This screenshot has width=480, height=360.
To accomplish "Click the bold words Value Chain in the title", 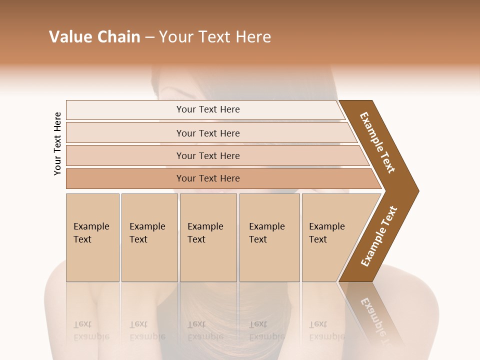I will pos(94,37).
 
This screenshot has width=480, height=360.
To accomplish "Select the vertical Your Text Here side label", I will pos(57,143).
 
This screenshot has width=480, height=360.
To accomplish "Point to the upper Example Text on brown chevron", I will pos(377,142).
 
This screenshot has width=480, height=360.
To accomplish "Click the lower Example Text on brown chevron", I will pos(379,236).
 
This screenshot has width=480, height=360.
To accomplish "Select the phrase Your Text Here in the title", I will pos(215,37).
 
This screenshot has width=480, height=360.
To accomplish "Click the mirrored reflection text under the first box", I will pos(91,330).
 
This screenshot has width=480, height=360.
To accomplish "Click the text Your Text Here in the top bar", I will pos(208,109).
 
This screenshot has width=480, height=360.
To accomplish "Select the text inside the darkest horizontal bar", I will pos(208,178).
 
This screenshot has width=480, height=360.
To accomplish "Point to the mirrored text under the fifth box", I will pos(326,330).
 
